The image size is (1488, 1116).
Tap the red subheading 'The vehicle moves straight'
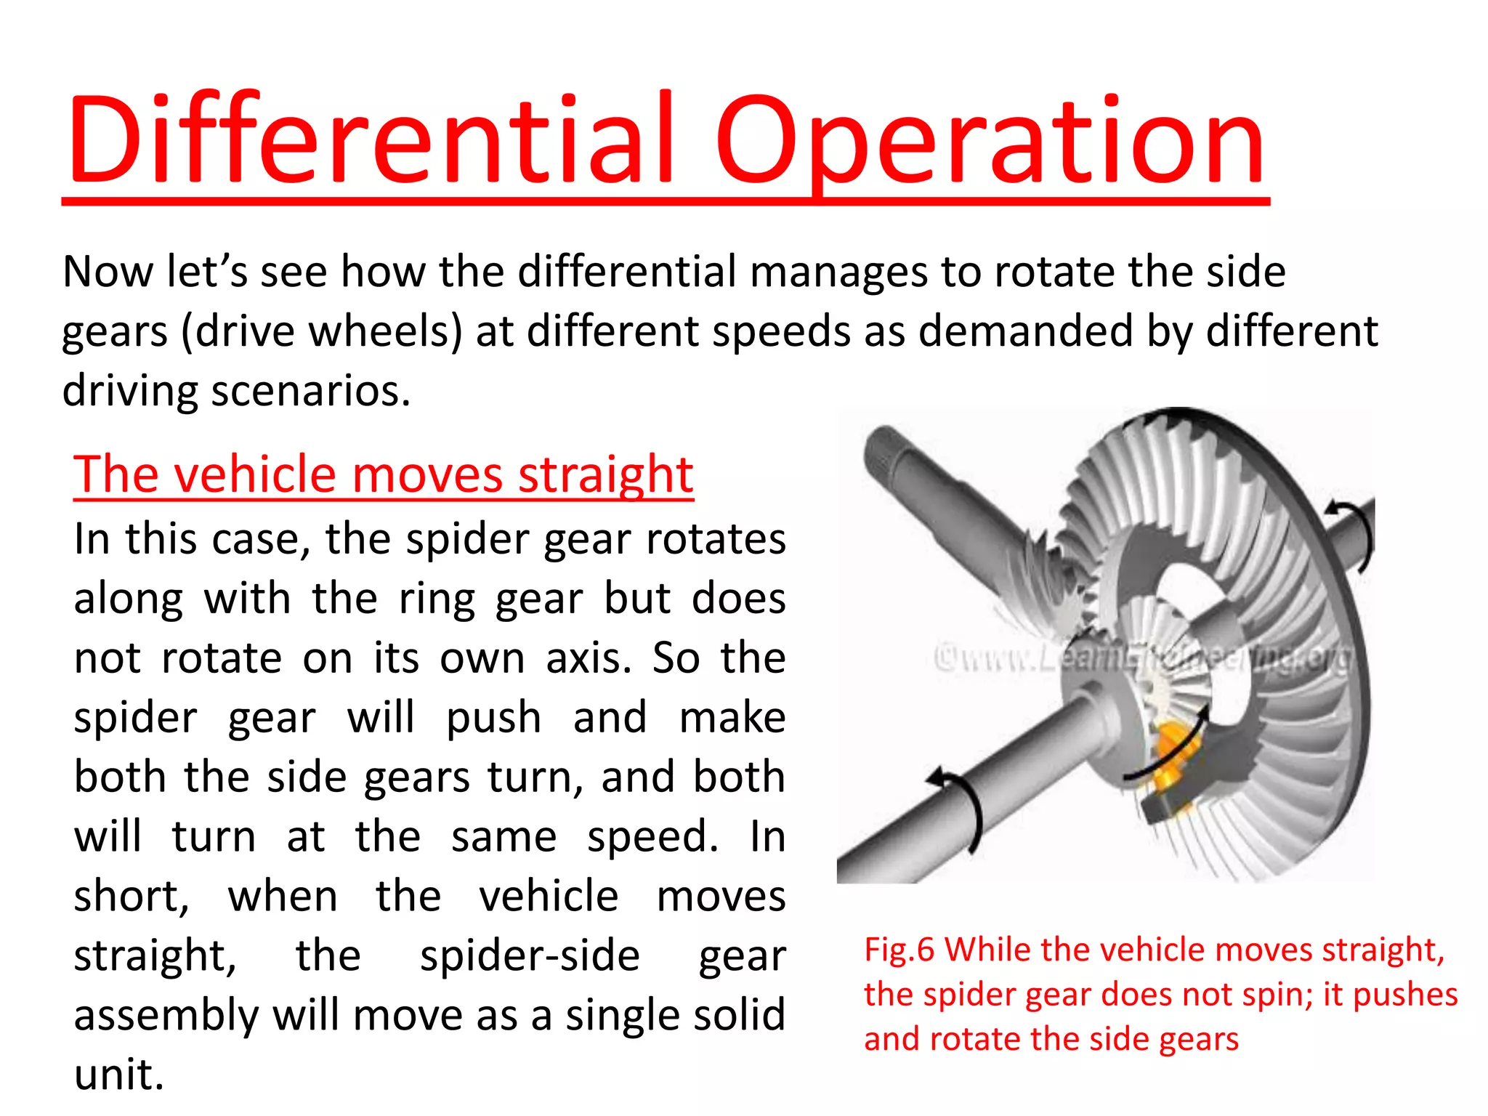pos(384,474)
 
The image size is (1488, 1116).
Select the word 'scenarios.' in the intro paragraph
pos(311,391)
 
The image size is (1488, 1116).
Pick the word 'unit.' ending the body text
pos(119,1074)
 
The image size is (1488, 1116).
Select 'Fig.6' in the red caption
pos(899,950)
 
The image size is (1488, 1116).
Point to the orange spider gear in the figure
pos(1169,756)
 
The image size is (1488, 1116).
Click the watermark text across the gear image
pos(1144,658)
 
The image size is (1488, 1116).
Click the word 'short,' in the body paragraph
pos(132,896)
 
